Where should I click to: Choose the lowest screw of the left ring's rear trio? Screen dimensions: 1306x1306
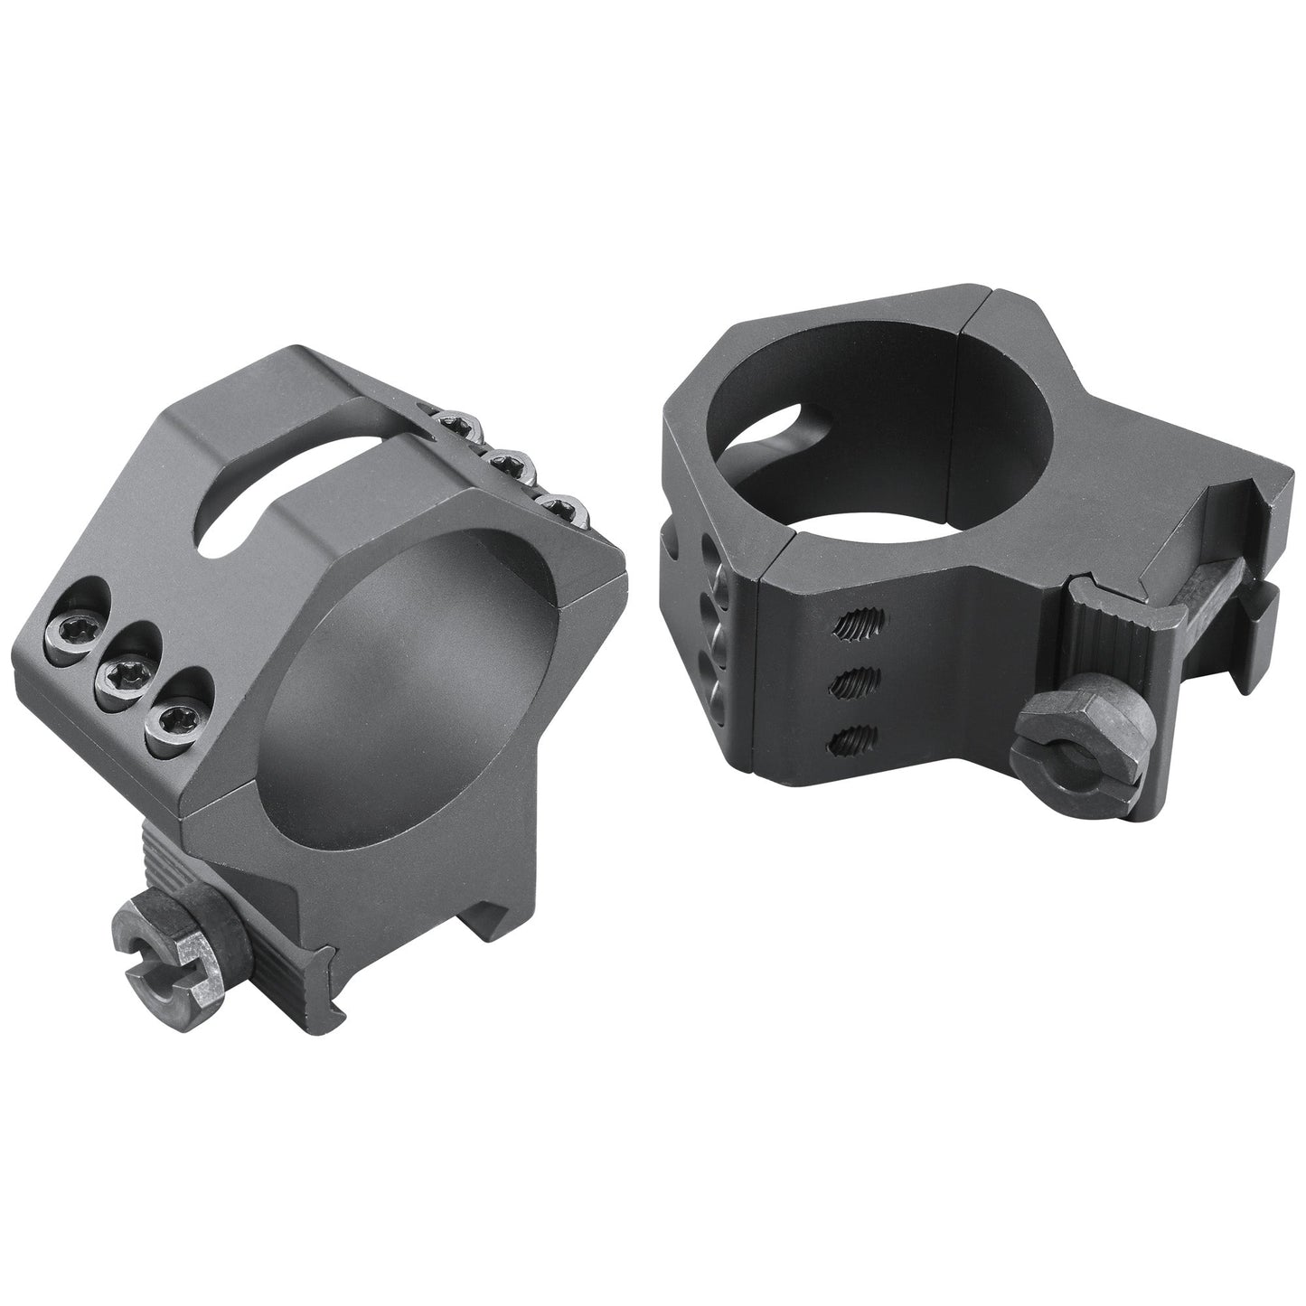(x=558, y=509)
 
